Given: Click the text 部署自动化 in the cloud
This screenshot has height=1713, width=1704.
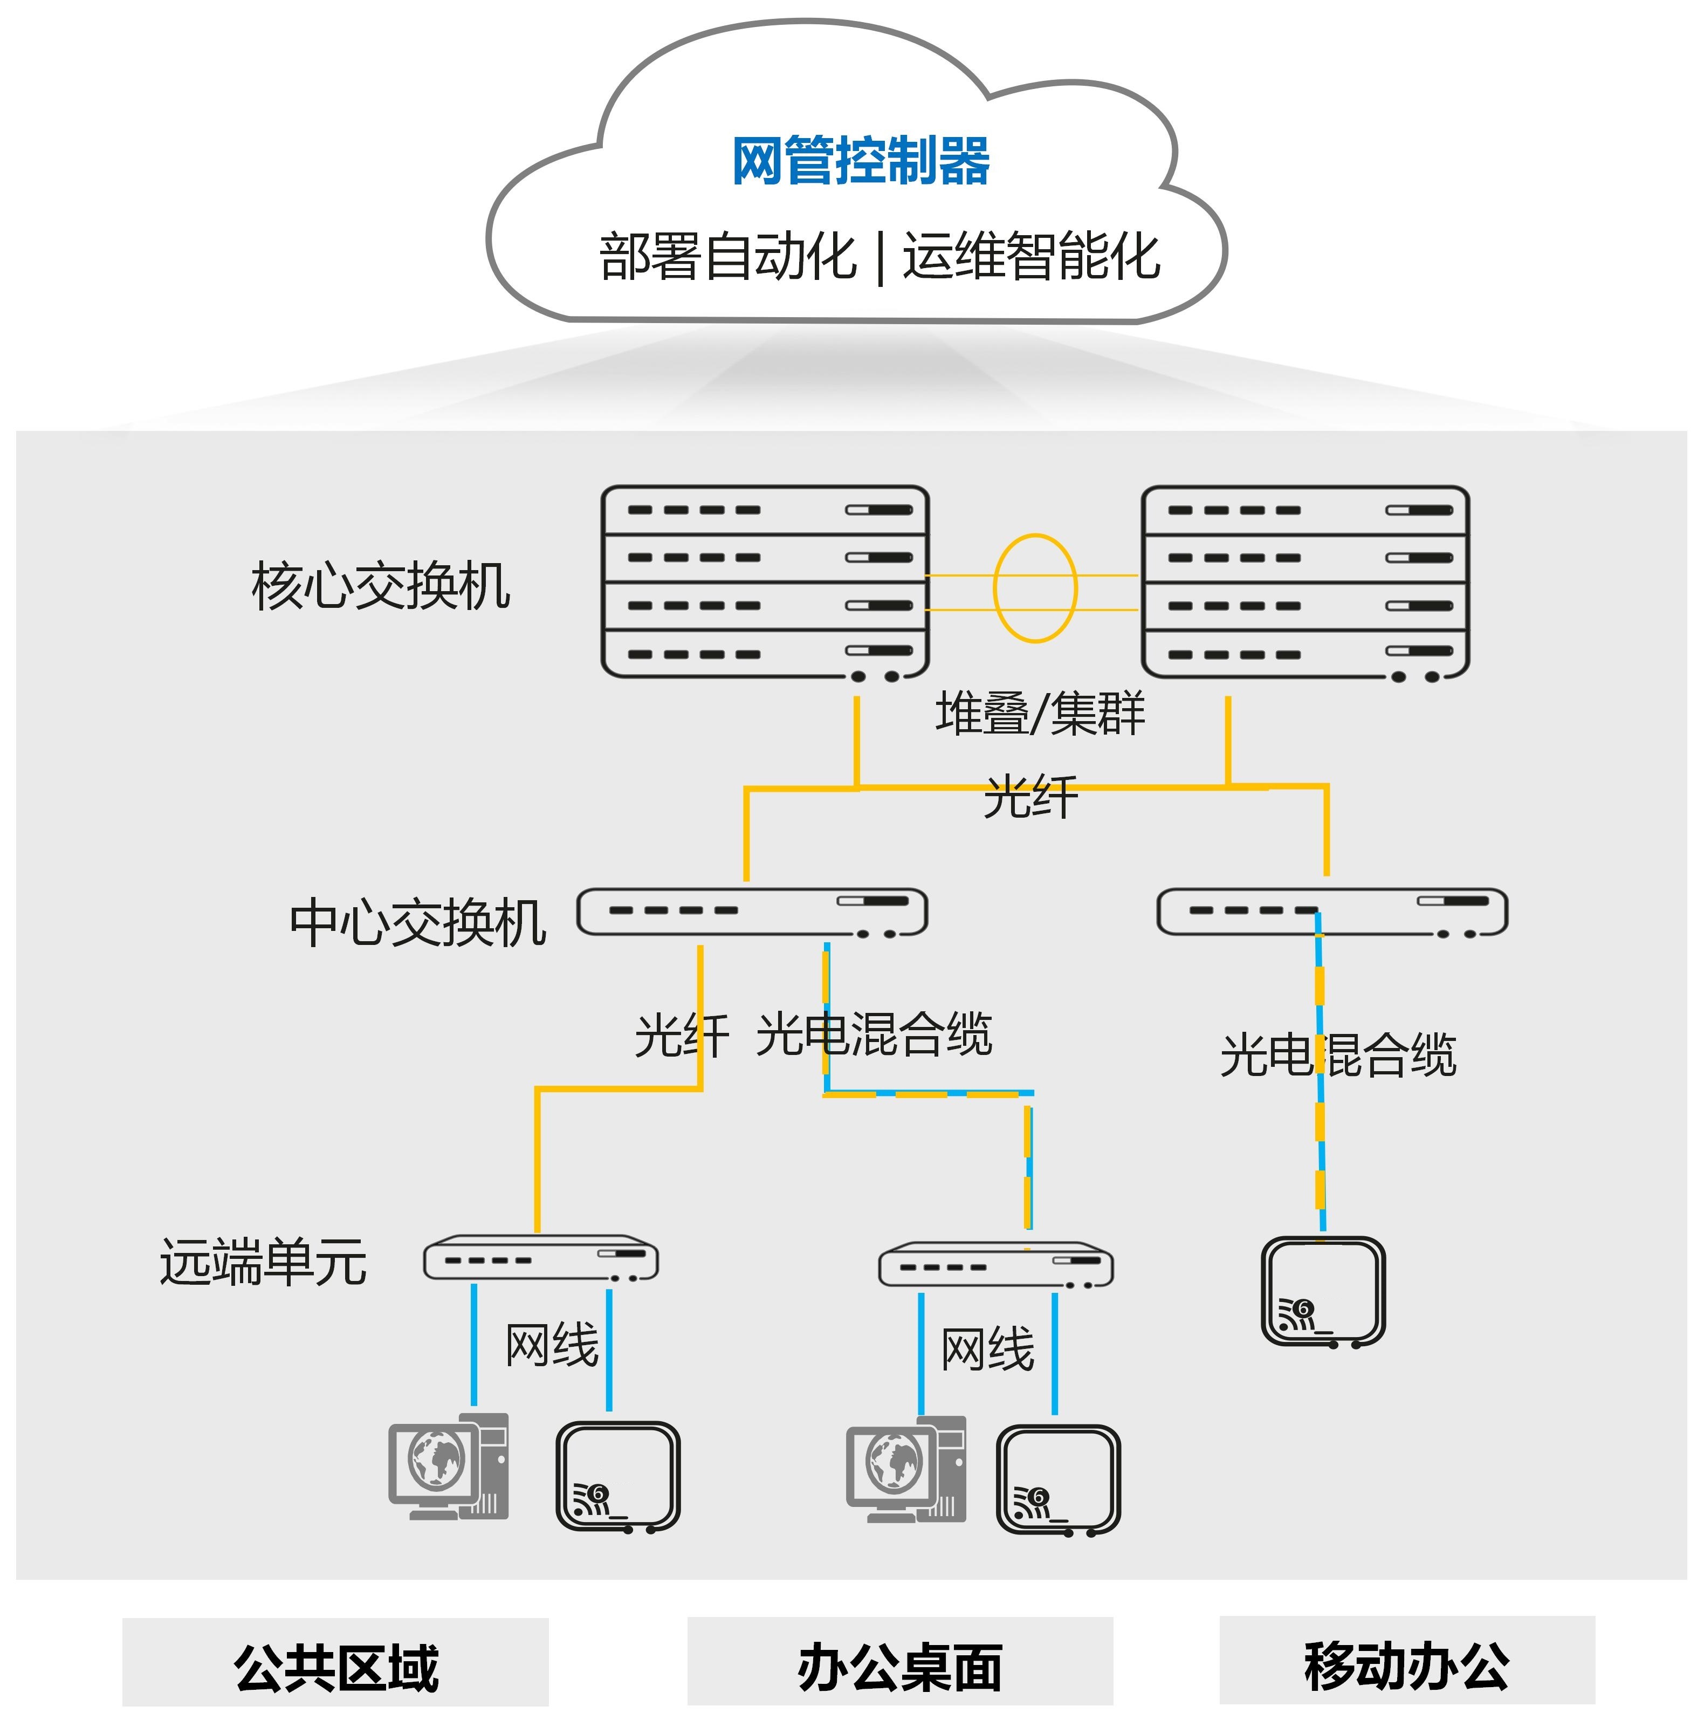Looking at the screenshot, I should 727,257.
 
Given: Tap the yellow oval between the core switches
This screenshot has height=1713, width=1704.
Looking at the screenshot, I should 1035,588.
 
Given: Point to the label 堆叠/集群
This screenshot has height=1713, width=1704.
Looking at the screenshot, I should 1040,713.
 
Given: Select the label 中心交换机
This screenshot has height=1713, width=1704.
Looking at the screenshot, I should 417,923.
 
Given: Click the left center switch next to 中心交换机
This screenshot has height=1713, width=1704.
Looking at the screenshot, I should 752,912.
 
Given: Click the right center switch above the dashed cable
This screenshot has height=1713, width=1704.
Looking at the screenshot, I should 1331,912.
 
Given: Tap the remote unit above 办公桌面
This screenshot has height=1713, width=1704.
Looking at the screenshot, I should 995,1264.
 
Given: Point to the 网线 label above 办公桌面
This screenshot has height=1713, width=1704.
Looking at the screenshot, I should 988,1349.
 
